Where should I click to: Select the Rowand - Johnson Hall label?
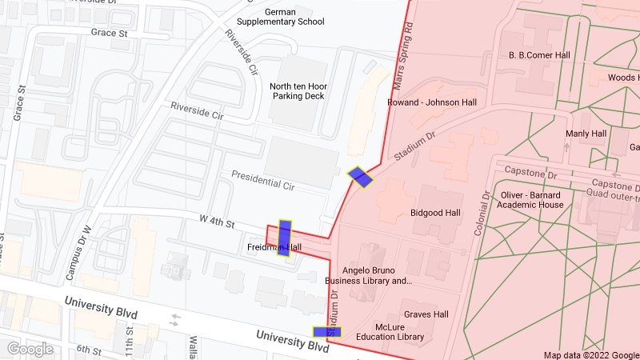431,102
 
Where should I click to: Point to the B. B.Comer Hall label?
538,55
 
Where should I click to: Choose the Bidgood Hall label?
435,214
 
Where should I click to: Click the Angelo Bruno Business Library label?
368,275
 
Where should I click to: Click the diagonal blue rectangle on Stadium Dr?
360,177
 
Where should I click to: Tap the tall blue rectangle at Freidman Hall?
284,237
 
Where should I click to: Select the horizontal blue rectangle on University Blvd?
326,332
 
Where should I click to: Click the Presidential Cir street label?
263,180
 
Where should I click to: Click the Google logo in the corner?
30,349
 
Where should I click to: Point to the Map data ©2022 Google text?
590,355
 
